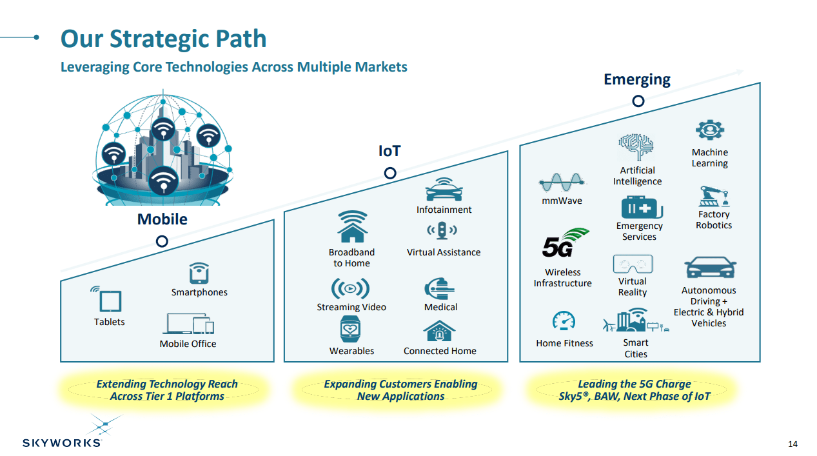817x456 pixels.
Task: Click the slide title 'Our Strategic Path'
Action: click(163, 39)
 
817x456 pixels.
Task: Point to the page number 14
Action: click(792, 444)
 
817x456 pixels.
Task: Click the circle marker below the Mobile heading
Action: click(162, 241)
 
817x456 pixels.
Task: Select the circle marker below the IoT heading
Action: click(389, 173)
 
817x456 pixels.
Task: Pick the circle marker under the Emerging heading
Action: click(638, 101)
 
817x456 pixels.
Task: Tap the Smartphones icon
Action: click(199, 273)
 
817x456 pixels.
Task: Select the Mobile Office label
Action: click(188, 344)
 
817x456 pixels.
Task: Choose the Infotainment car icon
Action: click(444, 190)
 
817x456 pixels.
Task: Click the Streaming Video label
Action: click(351, 307)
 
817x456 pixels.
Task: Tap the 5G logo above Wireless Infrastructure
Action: click(564, 243)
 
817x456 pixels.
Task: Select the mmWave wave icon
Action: click(561, 183)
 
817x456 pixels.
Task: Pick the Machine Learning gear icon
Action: click(709, 131)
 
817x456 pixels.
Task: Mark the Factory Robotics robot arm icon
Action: click(713, 196)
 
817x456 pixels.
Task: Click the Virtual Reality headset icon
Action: click(633, 264)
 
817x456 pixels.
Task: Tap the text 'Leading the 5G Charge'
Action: click(634, 384)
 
